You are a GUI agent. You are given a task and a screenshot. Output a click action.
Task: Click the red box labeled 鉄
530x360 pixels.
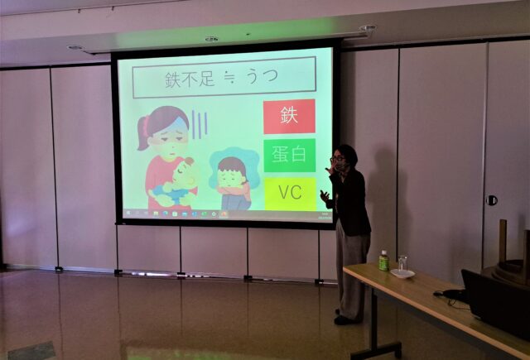pos(289,116)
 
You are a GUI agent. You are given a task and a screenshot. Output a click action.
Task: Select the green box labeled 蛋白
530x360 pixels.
pos(290,155)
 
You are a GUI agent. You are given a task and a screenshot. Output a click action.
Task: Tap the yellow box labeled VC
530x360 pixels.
pos(290,194)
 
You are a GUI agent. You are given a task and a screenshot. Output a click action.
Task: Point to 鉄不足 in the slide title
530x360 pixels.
pos(190,79)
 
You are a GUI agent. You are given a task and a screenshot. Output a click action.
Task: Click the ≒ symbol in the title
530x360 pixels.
pos(230,78)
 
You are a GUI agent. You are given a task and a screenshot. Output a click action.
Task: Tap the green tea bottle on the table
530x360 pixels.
pos(383,261)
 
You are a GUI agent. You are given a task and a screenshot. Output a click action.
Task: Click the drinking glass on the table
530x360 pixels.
pos(402,262)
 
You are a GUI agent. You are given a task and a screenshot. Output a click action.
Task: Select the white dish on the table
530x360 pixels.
pos(402,273)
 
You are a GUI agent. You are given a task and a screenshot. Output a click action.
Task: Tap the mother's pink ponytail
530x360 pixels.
pos(143,132)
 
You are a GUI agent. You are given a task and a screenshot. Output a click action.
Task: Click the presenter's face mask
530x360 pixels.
pos(340,166)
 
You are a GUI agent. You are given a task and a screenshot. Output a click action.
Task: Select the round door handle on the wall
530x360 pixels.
pos(491,200)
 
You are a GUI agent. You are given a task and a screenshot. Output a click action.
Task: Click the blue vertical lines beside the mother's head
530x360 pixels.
pos(200,124)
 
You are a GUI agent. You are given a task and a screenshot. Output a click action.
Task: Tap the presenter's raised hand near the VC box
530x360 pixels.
pos(325,196)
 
